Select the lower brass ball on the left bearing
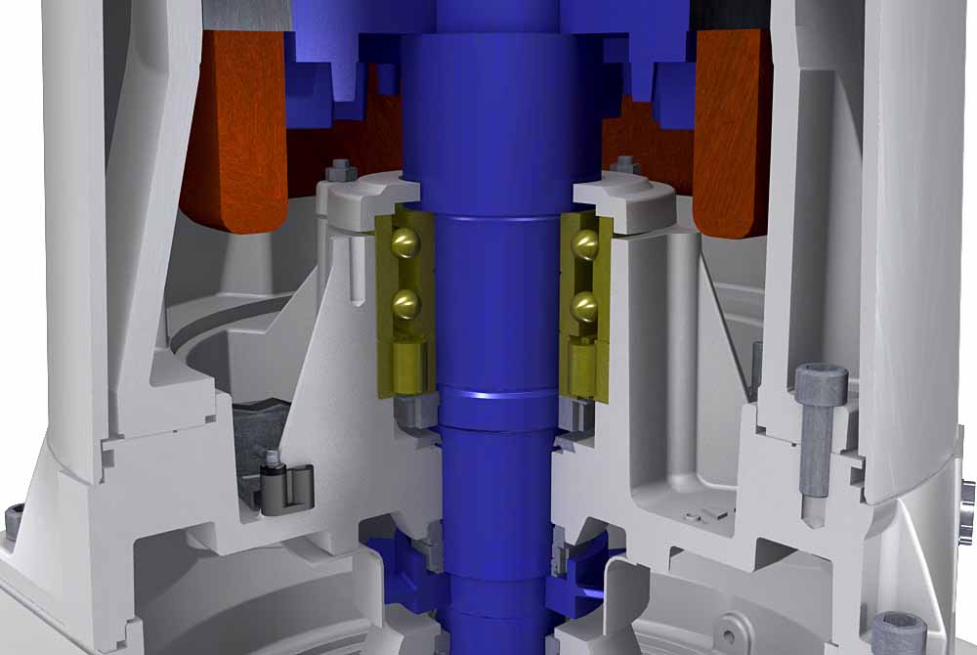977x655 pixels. [x=404, y=304]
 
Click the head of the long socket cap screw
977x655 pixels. [x=817, y=383]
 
